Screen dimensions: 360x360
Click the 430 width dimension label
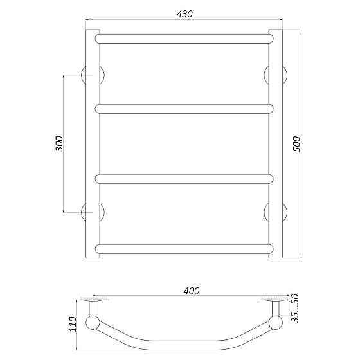[x=183, y=14]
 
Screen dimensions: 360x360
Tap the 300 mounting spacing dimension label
[x=59, y=143]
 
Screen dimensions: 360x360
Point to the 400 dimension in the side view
[x=190, y=291]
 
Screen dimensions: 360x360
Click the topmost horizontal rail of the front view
[x=184, y=38]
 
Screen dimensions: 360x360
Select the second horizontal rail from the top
[x=184, y=107]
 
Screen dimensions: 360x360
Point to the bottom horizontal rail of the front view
[x=184, y=248]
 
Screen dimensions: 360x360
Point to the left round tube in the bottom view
[x=93, y=322]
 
